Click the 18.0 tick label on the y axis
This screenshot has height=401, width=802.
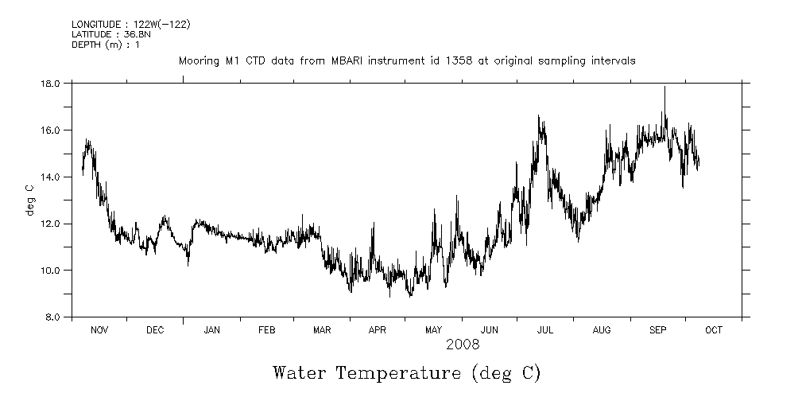click(x=51, y=83)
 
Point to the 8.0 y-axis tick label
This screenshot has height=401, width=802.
click(x=53, y=317)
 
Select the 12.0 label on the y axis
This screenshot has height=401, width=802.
click(x=51, y=224)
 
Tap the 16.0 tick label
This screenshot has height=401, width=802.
click(x=51, y=130)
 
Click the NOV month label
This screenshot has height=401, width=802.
click(x=99, y=330)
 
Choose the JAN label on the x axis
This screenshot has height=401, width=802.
click(x=211, y=330)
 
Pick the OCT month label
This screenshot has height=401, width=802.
click(x=713, y=330)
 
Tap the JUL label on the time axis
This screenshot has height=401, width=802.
click(x=546, y=330)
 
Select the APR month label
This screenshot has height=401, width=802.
click(x=377, y=330)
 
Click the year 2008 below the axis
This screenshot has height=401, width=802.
click(x=463, y=345)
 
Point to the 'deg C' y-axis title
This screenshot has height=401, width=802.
click(x=30, y=200)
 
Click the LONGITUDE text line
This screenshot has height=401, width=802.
click(x=130, y=24)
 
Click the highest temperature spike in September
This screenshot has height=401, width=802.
click(x=664, y=88)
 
